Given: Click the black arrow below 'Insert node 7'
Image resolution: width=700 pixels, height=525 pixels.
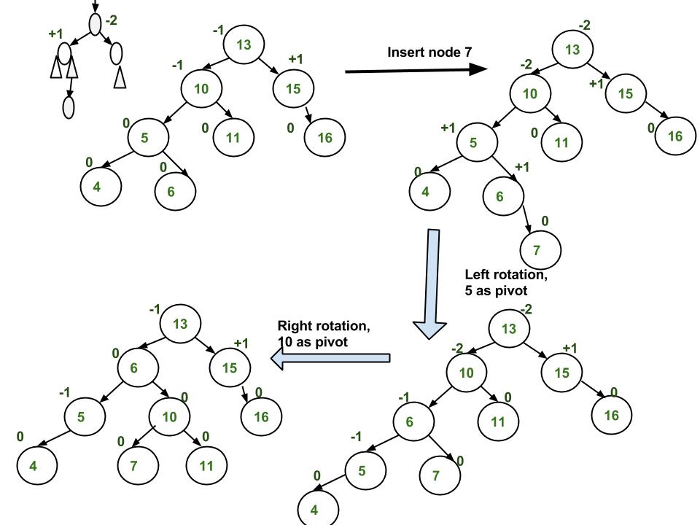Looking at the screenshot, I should coord(416,70).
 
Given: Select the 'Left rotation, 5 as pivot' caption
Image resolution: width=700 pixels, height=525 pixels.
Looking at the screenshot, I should coord(506,281).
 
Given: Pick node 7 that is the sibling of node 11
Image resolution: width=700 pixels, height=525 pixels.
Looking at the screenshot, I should coord(138,464).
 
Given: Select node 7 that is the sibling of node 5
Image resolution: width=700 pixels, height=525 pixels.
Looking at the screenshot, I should coord(440,475).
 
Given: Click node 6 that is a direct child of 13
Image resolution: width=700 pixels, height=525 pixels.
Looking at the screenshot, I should coord(139,367).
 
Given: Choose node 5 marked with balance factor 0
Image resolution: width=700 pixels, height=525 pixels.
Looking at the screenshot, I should coord(148,136).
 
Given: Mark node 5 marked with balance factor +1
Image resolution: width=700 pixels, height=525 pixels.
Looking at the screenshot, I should coord(477,142).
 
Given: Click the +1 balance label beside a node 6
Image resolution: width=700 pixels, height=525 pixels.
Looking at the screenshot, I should coord(522,167).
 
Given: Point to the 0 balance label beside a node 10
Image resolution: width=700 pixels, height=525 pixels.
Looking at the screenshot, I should coord(184,397).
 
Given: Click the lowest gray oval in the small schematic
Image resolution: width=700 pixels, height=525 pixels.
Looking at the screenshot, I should coord(69,106).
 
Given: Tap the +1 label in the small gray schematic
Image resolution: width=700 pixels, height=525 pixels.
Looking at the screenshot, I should coord(56,34).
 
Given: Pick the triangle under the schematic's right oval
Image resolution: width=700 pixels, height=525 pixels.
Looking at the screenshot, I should coord(120,76).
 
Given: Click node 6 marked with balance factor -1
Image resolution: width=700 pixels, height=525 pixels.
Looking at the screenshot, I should coord(413,421).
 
